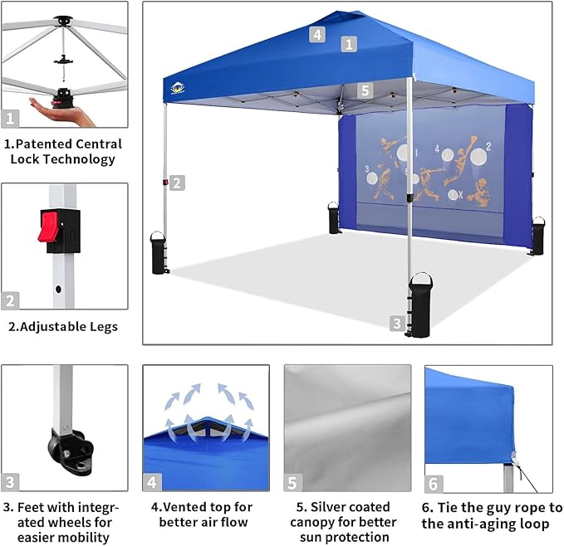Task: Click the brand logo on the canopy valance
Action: tap(177, 88)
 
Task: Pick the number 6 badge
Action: tap(434, 483)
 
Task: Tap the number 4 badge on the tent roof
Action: tap(316, 34)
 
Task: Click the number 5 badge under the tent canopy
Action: tap(365, 90)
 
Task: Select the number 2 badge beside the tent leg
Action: tap(177, 183)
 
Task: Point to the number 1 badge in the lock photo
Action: tap(11, 119)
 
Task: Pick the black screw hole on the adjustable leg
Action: tap(57, 290)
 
